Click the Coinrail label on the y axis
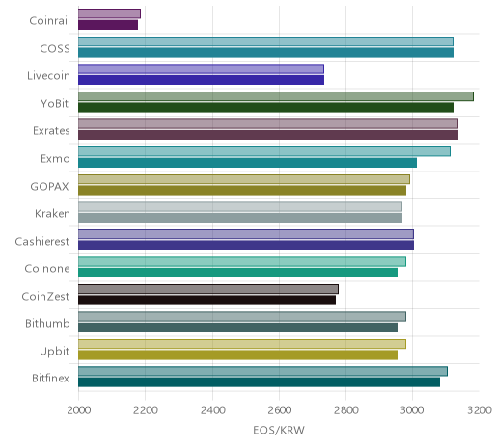pos(49,21)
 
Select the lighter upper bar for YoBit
pos(276,96)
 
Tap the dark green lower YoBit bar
pos(266,108)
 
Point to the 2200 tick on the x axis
pos(145,410)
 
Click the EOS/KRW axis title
pos(279,430)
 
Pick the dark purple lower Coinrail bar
pos(108,25)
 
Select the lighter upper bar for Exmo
pos(264,151)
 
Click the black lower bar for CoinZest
pos(206,301)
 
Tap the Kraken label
pos(52,214)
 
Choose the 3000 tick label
pos(413,410)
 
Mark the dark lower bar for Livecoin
pos(201,80)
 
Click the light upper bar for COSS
pos(266,41)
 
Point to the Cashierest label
pos(42,241)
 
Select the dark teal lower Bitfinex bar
pos(259,382)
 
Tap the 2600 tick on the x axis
pos(279,410)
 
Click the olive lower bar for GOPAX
pos(242,191)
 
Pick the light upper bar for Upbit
pos(242,344)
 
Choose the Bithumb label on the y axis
pos(47,324)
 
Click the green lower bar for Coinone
pos(238,273)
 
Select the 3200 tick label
pos(480,410)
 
